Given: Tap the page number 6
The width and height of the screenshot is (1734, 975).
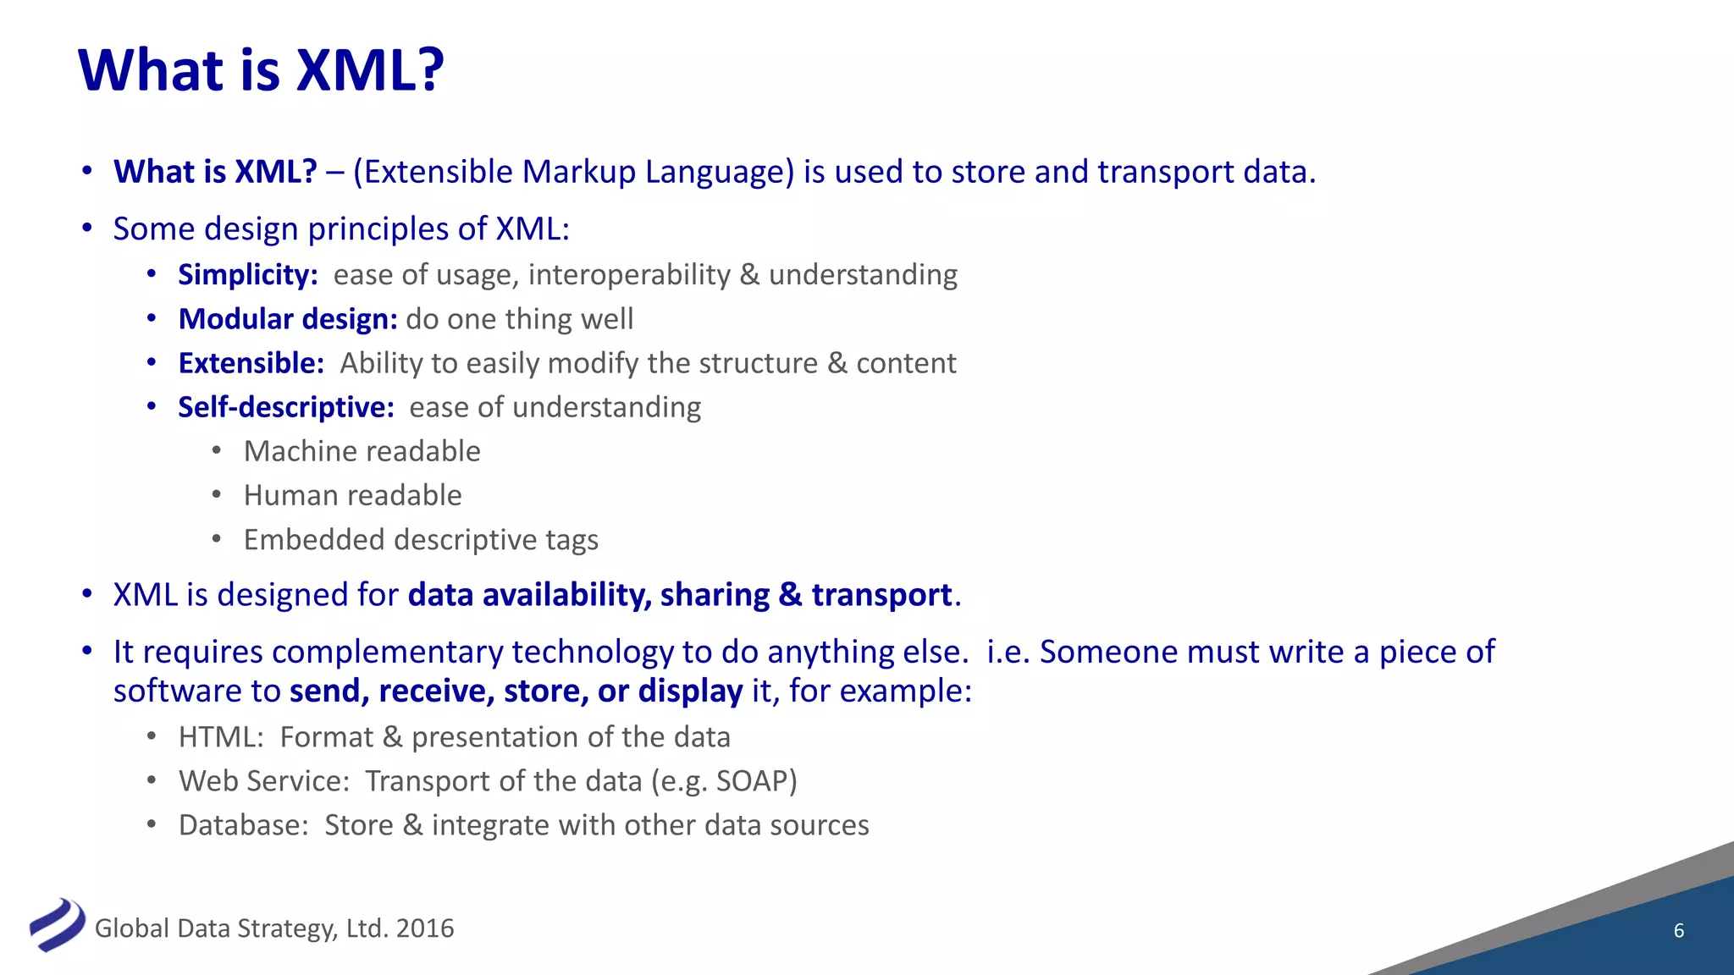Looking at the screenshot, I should (1679, 931).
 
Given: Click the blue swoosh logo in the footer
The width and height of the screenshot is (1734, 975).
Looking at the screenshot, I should (57, 924).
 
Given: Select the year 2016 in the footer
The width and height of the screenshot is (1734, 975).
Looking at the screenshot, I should (425, 928).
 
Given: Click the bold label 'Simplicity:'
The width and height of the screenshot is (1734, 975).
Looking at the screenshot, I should (247, 275).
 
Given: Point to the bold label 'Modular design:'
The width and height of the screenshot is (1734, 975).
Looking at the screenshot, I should (288, 319).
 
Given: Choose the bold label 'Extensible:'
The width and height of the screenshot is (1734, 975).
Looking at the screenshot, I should (251, 363).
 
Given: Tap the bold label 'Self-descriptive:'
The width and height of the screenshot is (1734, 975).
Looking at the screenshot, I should (286, 407).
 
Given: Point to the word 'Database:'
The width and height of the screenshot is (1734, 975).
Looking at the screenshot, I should (244, 825).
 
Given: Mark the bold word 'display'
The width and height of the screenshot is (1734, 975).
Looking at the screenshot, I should (690, 691).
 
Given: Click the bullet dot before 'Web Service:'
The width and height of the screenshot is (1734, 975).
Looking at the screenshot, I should (152, 780).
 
